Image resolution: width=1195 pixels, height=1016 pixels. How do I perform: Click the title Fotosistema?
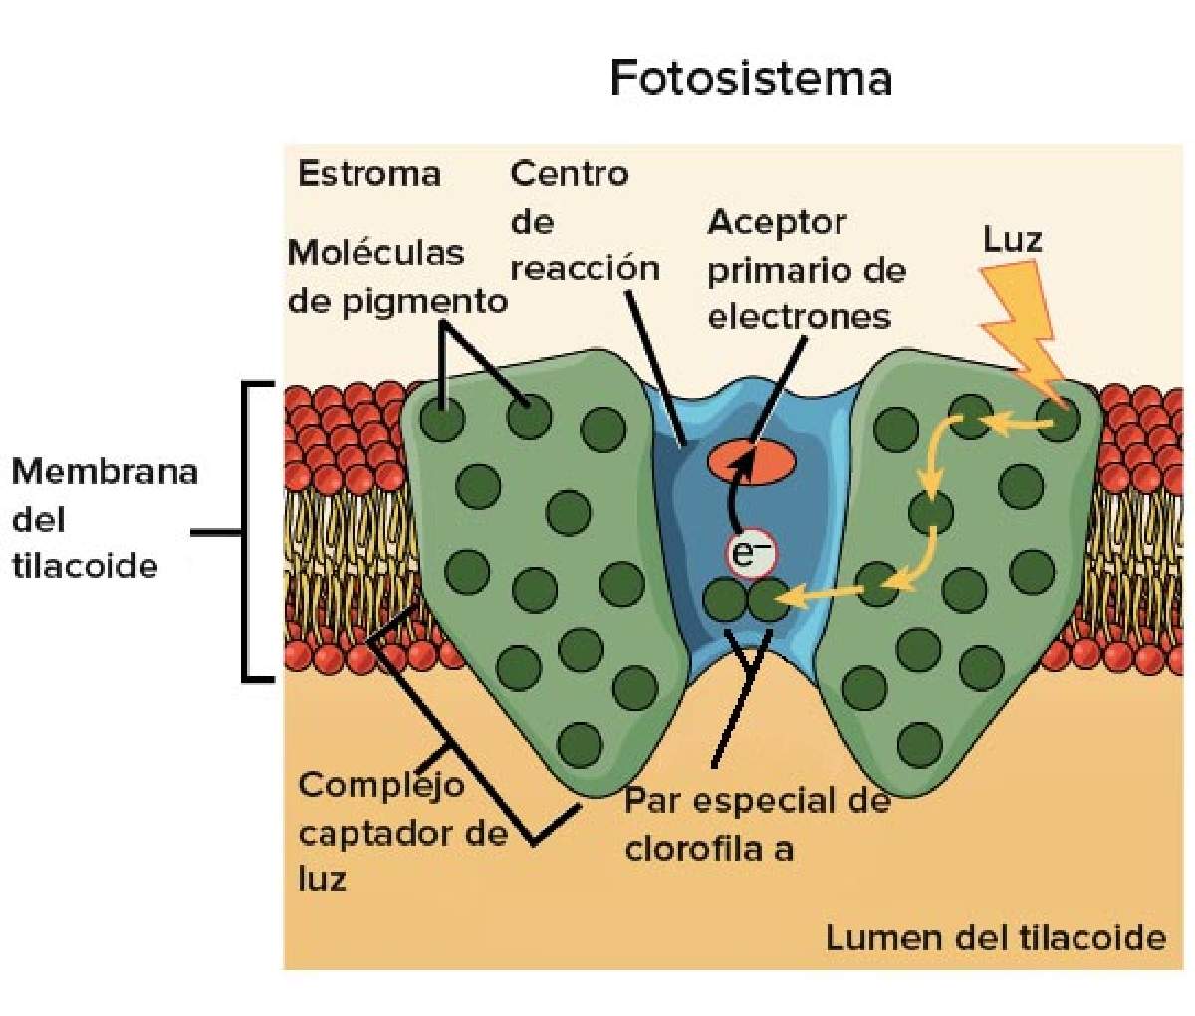(751, 78)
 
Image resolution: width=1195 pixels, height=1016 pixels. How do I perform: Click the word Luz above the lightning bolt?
(1013, 239)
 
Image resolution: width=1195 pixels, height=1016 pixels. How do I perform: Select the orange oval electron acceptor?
(752, 462)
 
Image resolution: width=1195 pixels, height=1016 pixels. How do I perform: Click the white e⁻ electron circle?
(752, 554)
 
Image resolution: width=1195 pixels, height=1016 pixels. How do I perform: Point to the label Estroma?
(369, 174)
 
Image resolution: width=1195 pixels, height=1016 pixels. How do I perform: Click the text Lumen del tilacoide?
(996, 937)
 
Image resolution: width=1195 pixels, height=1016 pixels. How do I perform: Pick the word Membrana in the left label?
(105, 472)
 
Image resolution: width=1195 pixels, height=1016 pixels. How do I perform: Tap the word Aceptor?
(777, 223)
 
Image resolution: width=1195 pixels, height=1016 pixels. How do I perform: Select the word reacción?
(586, 269)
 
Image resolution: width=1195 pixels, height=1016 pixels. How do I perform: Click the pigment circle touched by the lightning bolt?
(1058, 418)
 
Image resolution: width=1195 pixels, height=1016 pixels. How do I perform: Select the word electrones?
(800, 317)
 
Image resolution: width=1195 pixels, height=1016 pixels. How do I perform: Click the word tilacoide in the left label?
(85, 566)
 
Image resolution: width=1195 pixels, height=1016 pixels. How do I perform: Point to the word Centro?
(570, 174)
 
